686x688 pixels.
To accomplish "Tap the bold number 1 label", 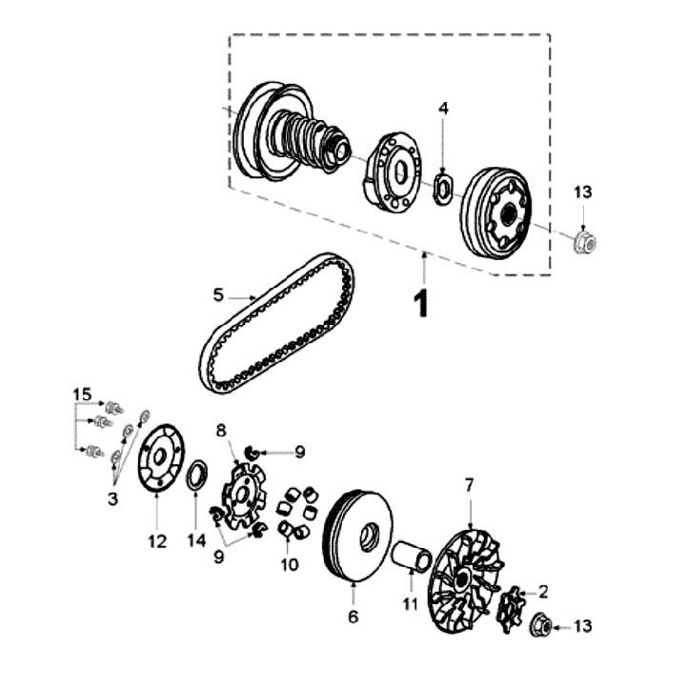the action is coord(421,304).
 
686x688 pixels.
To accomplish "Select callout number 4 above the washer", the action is coord(444,108).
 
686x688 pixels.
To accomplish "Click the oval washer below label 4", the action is coord(444,189).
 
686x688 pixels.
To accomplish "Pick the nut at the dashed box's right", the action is coord(586,242).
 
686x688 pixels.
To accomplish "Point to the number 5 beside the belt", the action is coord(218,295).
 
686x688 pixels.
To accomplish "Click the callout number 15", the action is coord(82,394).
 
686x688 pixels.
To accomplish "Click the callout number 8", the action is coord(221,431).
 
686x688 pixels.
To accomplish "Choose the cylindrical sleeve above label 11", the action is coord(412,556).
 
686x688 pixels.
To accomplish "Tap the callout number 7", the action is coord(470,485).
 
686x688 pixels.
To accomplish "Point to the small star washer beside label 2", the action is coord(510,610).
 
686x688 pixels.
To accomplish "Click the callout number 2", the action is coord(543,592).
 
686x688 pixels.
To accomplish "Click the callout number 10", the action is coord(289,565).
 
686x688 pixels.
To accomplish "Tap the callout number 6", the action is coord(353,617).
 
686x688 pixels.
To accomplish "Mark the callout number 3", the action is coord(112,499).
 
